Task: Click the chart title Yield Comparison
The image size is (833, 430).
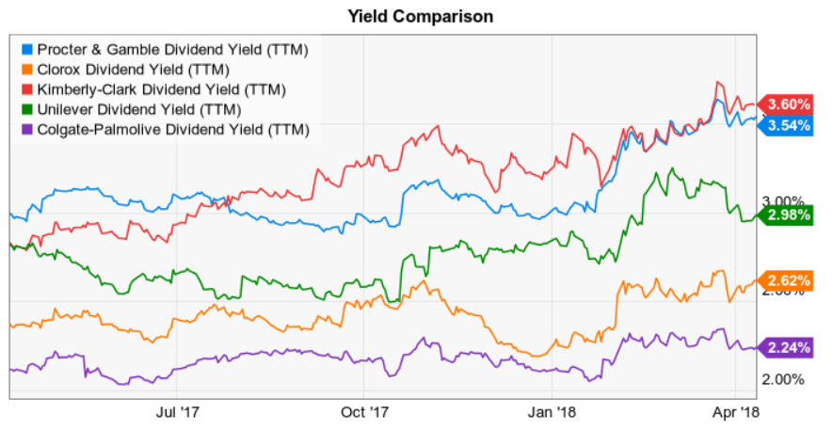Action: click(420, 16)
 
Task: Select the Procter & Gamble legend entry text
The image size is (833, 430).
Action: click(172, 48)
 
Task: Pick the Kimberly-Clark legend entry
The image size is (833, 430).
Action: click(161, 89)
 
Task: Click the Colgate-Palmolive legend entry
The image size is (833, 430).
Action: click(172, 130)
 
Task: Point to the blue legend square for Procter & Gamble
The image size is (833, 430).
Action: click(26, 48)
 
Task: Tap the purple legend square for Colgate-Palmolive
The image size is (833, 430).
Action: click(26, 130)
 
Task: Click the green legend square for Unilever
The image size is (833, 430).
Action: click(26, 109)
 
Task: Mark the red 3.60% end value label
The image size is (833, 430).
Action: click(789, 104)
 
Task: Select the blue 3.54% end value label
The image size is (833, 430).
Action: click(789, 125)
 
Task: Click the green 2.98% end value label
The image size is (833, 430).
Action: click(789, 215)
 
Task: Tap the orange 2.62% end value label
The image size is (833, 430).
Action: click(789, 279)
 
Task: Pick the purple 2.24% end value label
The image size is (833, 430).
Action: click(789, 347)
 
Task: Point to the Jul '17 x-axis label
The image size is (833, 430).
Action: click(178, 411)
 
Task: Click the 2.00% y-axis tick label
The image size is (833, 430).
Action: click(783, 379)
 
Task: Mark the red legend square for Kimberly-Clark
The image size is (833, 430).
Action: click(26, 89)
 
